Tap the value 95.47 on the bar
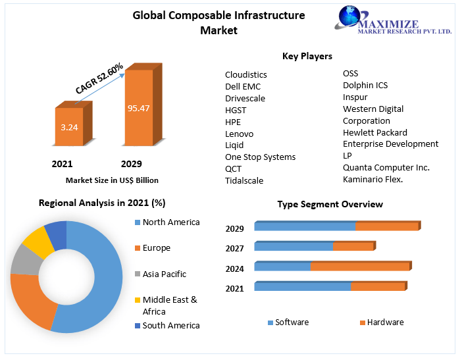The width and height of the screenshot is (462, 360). [139, 108]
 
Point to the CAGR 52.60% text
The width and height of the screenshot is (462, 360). [99, 78]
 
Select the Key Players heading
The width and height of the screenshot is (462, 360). [307, 56]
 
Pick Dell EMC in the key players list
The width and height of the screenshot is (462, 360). [243, 86]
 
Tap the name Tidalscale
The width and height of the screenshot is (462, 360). [245, 180]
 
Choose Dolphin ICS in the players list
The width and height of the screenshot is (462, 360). [365, 85]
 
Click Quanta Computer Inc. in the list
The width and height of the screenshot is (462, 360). [386, 167]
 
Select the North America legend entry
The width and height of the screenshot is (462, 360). [170, 222]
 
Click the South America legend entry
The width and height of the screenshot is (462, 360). [170, 325]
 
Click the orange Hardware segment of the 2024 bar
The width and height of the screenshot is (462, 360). [359, 267]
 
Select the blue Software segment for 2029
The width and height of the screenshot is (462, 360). [304, 226]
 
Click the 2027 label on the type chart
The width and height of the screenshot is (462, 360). [234, 248]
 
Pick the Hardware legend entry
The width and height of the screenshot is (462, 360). [385, 322]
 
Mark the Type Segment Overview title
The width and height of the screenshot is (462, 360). [330, 204]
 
